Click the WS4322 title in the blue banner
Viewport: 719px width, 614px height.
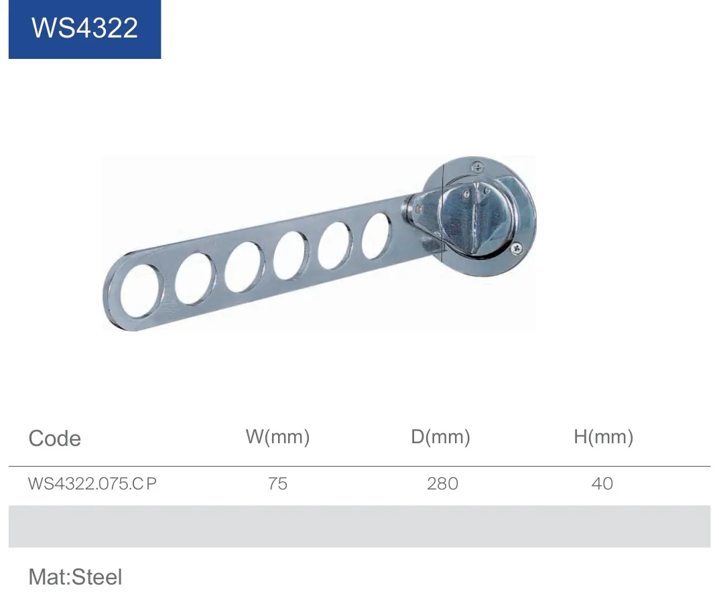point(85,28)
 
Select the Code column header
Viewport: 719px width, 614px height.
point(54,439)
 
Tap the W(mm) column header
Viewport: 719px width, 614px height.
point(277,437)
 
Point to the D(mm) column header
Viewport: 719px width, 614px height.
point(440,437)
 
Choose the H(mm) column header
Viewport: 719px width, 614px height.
point(604,437)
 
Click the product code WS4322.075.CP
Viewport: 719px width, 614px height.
point(92,483)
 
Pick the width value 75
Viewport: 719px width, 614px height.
point(277,483)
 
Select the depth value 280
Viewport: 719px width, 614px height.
point(442,483)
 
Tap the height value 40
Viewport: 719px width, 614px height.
point(602,483)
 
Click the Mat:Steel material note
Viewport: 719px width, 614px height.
point(75,577)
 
